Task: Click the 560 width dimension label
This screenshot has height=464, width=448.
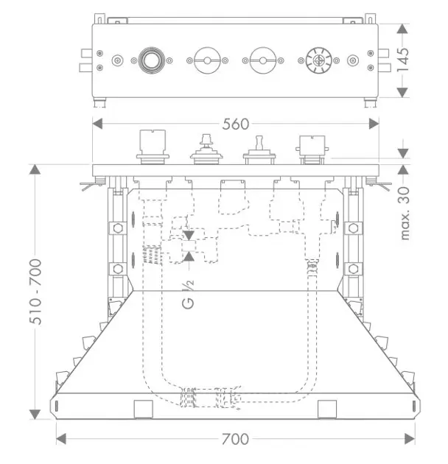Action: coord(235,124)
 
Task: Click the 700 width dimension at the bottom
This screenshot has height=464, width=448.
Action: coord(235,439)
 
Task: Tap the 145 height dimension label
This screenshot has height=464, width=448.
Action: coord(403,60)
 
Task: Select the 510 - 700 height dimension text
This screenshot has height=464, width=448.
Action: coord(35,292)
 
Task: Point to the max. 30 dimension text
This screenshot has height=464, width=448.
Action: coord(404,213)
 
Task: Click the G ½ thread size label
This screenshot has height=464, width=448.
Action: coord(189,295)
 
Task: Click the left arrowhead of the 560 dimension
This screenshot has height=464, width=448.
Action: coord(97,124)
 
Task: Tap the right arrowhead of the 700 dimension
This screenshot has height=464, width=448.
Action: coord(410,439)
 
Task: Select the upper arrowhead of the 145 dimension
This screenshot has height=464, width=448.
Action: coord(402,29)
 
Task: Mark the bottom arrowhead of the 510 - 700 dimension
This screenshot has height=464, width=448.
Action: coord(35,414)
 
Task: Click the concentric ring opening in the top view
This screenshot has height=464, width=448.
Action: coord(151,60)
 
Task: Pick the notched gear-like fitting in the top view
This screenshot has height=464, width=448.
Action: coord(318,60)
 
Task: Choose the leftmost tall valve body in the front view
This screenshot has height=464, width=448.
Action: coord(153,147)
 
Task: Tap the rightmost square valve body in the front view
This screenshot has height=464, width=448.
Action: coord(312,150)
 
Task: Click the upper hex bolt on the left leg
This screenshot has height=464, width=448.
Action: coord(118,228)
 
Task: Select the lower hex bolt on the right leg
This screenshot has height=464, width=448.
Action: coord(353,269)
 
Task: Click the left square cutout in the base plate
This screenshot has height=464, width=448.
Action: coord(144,409)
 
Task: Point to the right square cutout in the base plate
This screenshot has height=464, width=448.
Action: coord(327,409)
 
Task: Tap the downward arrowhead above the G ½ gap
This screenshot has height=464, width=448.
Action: coord(189,236)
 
